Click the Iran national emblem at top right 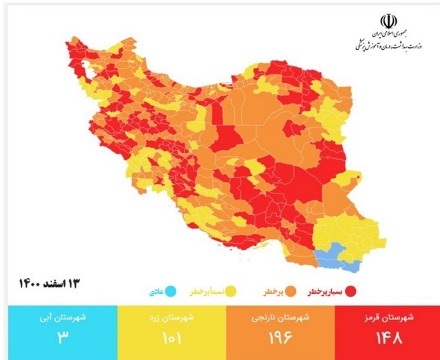[x=388, y=20]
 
